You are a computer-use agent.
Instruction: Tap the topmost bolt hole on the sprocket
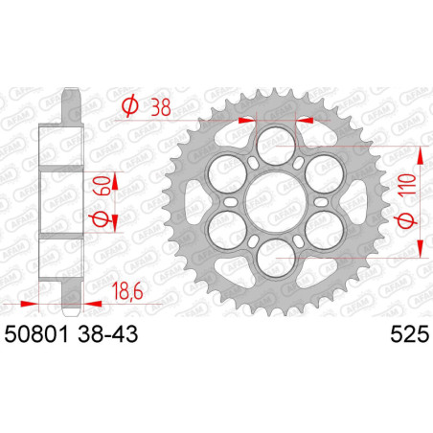tap(276, 139)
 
